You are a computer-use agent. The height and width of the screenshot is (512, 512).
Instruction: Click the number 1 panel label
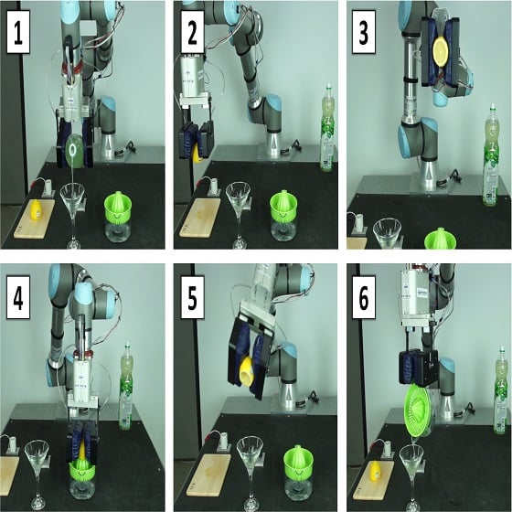18,32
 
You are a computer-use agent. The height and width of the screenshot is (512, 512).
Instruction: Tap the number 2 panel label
193,32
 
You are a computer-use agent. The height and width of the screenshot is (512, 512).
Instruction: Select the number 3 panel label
364,32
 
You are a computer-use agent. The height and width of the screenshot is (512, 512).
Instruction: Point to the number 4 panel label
18,297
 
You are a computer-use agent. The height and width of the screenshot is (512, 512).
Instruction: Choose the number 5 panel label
193,297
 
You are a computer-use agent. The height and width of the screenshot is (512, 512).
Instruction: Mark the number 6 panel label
364,297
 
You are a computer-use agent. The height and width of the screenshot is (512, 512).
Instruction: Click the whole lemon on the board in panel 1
36,209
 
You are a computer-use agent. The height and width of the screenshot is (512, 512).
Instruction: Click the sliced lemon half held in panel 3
442,51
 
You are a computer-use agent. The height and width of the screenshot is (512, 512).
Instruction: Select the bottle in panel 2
326,128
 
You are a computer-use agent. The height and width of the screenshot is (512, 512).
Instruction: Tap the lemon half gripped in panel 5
247,373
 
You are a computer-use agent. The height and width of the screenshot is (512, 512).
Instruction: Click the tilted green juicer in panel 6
419,411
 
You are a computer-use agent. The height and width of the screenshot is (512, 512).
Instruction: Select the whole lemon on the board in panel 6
376,470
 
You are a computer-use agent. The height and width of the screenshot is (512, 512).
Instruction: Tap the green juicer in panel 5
297,461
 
